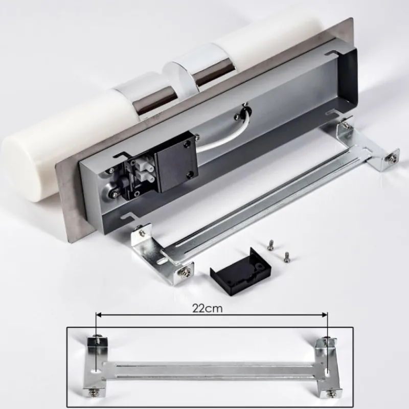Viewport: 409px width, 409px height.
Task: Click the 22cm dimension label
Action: point(208,308)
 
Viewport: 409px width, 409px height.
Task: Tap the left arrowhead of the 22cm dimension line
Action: point(99,315)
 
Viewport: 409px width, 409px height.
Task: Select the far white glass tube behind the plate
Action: point(269,36)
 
